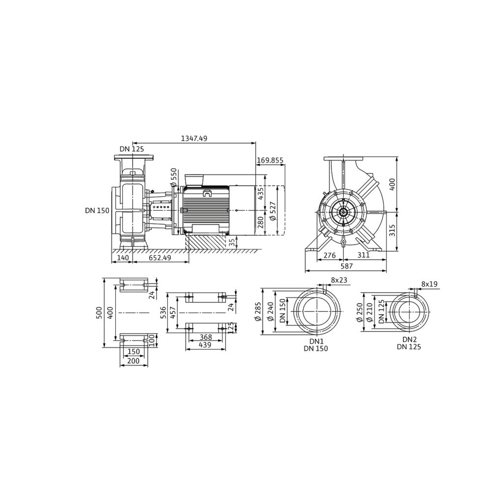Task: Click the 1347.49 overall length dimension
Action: coord(194,138)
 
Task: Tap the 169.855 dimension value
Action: coord(270,161)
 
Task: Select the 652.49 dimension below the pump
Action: coord(160,258)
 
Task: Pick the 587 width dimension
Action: coord(346,266)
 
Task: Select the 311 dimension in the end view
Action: coord(363,255)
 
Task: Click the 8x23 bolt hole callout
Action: coord(339,280)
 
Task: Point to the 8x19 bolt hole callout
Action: coord(429,284)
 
